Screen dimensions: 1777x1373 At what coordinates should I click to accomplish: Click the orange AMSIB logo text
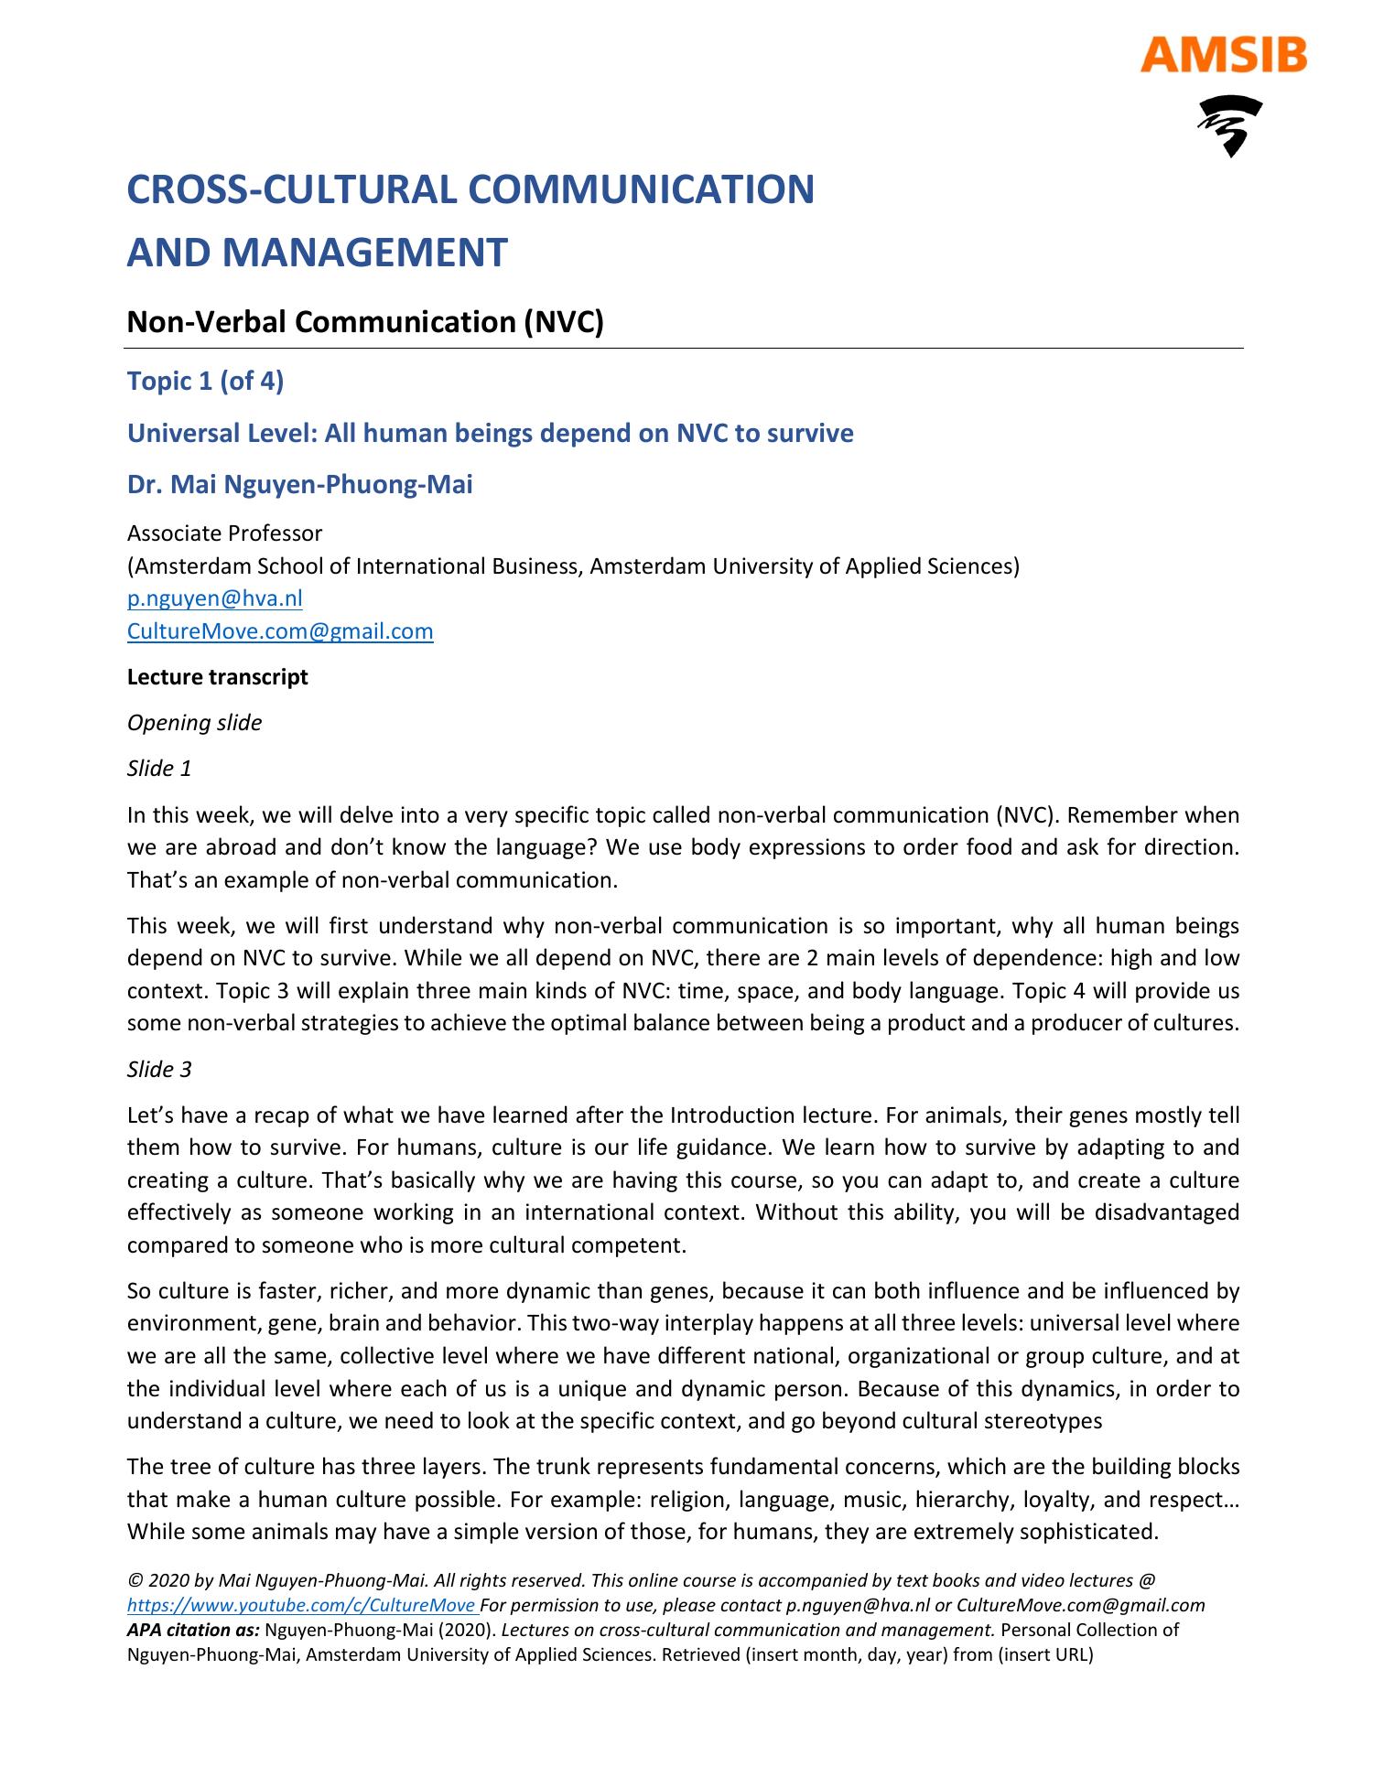(1223, 56)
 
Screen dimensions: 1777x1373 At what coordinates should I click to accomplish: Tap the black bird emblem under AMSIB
(1229, 125)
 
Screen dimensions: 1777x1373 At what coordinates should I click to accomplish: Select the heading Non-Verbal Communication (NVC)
(365, 322)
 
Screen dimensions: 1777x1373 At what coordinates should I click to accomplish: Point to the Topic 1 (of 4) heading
(205, 381)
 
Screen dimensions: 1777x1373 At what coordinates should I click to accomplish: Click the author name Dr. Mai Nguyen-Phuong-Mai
(299, 484)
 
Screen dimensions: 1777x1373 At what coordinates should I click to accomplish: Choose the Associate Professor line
(224, 533)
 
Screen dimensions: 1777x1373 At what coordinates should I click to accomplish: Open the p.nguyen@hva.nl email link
(214, 598)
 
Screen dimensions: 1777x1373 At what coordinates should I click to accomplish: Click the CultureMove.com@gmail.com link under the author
(280, 631)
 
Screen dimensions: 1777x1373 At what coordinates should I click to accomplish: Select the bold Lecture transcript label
(217, 677)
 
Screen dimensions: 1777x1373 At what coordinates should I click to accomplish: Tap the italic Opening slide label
(194, 723)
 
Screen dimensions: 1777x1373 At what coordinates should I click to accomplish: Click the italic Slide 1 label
(159, 769)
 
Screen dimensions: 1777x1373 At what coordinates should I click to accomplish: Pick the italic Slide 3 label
(159, 1069)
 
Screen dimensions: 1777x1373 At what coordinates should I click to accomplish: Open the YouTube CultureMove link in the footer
(302, 1605)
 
